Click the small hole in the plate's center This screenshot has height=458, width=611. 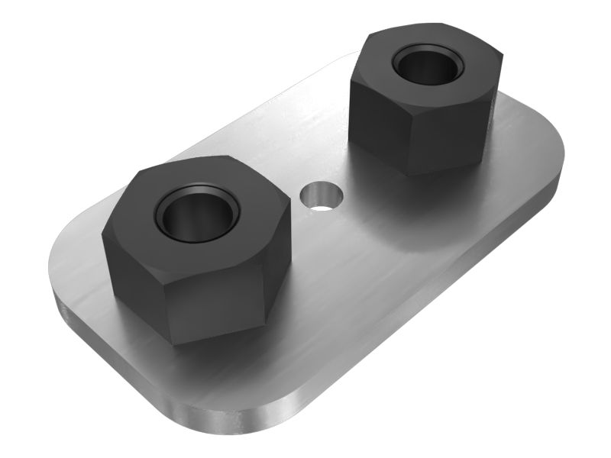(322, 197)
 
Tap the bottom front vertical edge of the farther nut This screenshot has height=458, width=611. (409, 153)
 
